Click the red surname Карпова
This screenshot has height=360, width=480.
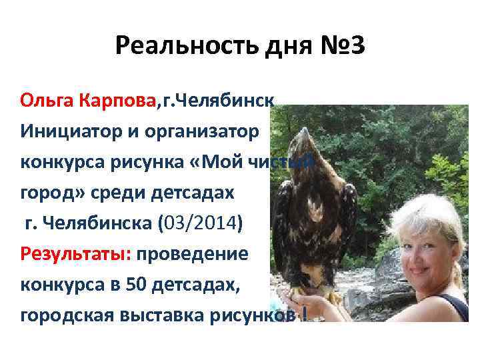118,101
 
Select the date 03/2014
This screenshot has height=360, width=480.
200,223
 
